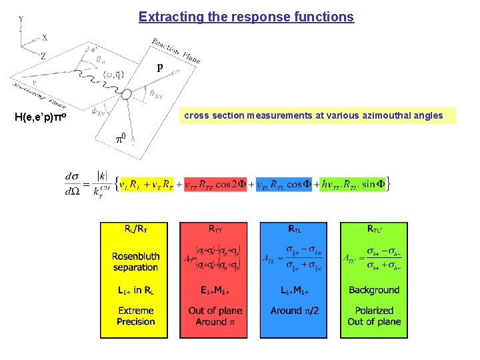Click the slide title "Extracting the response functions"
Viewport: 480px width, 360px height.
[x=246, y=17]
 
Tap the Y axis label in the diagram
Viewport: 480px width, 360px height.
[x=21, y=19]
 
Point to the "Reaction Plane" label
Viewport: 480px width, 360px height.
[x=175, y=51]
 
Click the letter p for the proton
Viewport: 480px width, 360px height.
[x=159, y=67]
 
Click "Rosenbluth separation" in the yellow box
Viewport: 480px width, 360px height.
[x=135, y=261]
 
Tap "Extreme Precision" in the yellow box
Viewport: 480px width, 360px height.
[x=135, y=316]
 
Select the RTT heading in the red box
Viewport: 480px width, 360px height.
[x=215, y=229]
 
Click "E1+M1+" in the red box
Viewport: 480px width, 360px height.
[x=215, y=290]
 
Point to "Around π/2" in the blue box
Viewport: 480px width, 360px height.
[x=295, y=311]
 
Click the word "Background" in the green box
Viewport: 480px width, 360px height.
[x=374, y=290]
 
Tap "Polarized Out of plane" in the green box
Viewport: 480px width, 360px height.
[x=374, y=316]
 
